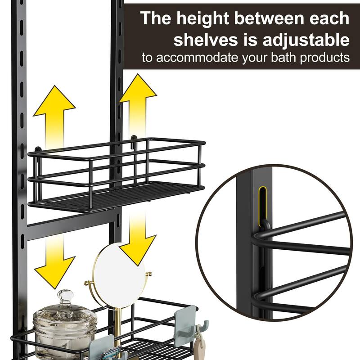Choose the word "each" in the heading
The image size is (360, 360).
(329, 18)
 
